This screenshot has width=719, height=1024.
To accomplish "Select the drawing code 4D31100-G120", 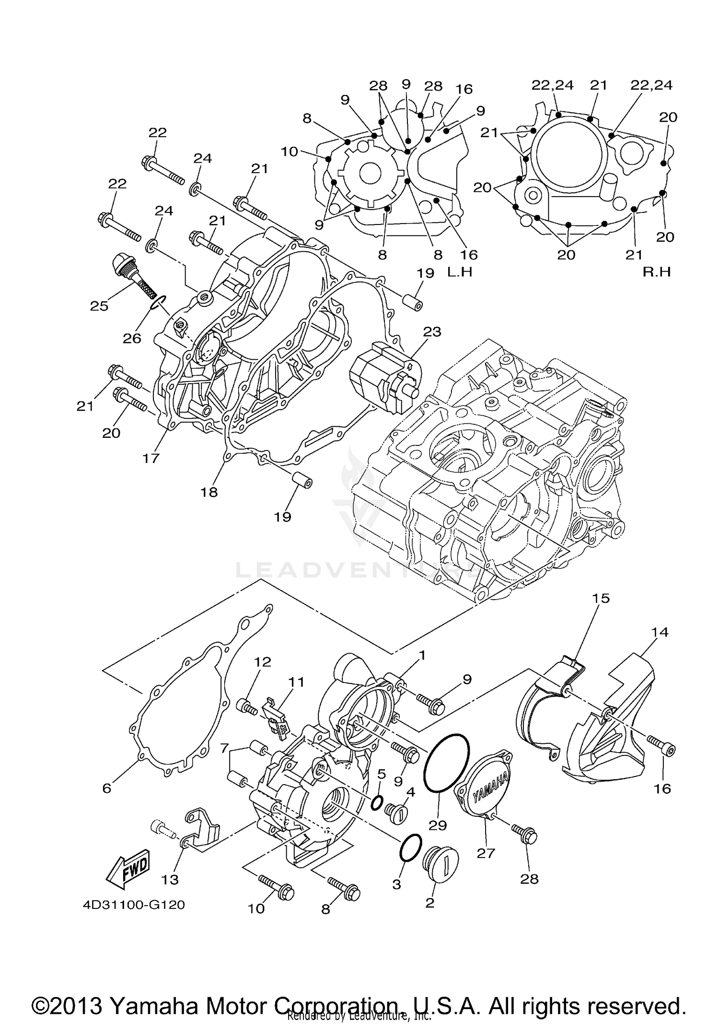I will (x=134, y=905).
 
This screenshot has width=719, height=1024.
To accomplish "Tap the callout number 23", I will (x=432, y=332).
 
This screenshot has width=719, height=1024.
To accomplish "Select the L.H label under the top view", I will (x=460, y=272).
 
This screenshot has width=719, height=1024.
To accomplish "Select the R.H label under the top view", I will (x=657, y=272).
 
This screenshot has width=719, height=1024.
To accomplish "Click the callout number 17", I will (x=151, y=459).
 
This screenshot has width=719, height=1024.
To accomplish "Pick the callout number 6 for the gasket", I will (x=106, y=788).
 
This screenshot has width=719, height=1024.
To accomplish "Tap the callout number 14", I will (x=660, y=632).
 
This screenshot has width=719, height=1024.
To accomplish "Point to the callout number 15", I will (x=601, y=598).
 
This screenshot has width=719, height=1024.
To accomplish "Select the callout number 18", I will (x=209, y=492).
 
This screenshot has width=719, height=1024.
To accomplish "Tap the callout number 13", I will (x=170, y=879).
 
